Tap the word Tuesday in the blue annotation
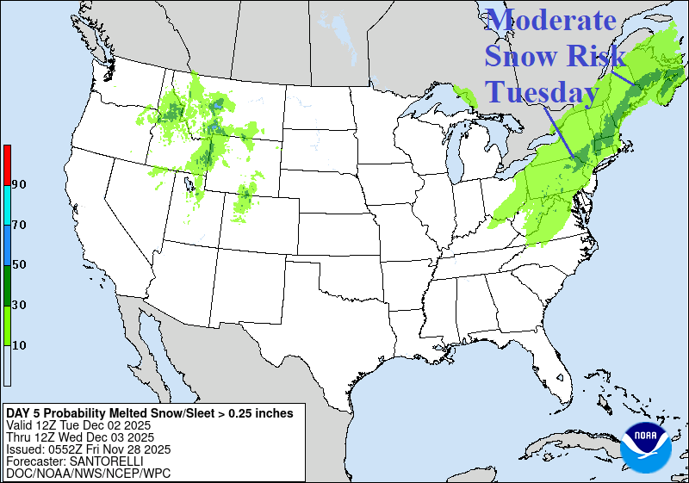pos(542,91)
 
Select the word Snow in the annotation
pos(518,56)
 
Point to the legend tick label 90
pos(19,184)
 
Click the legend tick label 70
pos(19,225)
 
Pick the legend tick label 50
pos(19,264)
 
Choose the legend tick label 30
pos(19,305)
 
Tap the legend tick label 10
pos(19,345)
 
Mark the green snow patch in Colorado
pos(245,197)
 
